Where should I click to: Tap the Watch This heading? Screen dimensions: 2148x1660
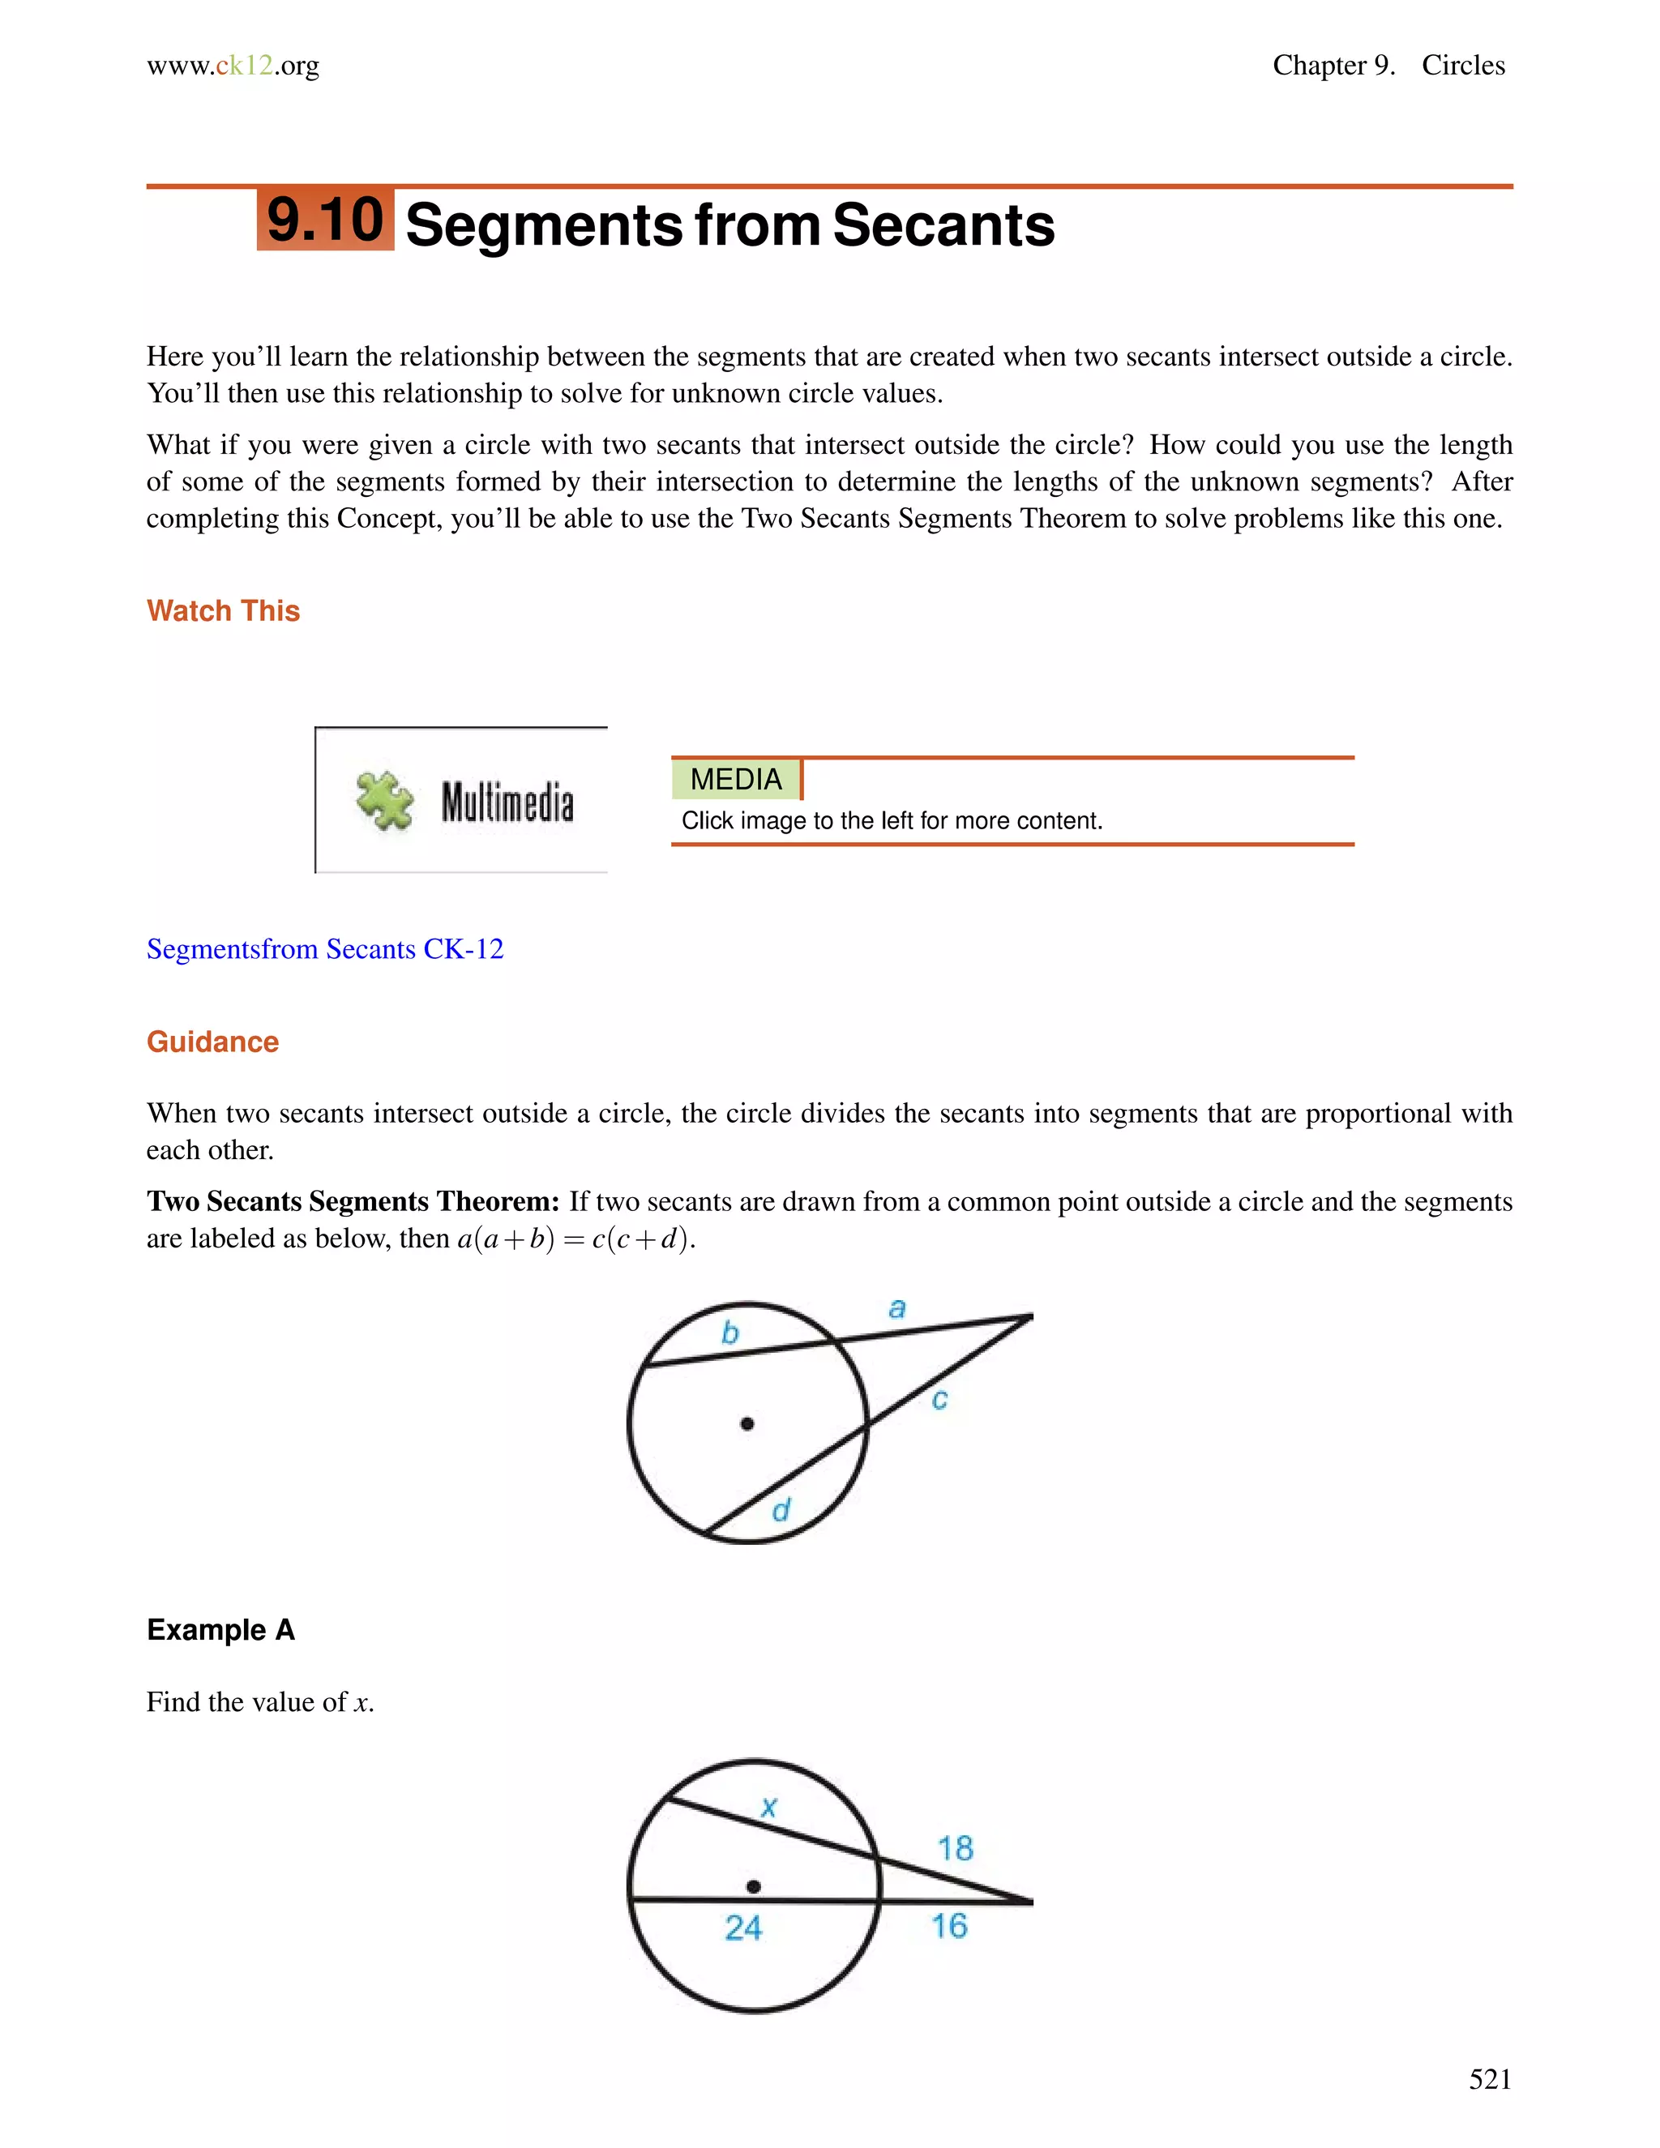coord(223,611)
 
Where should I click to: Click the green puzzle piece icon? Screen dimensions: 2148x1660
coord(384,801)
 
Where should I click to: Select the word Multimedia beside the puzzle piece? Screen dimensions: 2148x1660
coord(507,802)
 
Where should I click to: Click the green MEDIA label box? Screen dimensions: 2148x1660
coord(736,779)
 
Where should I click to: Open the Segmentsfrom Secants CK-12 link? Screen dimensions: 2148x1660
coord(324,949)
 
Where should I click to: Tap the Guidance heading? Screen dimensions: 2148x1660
coord(212,1042)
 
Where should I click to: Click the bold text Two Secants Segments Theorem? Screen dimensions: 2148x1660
coord(352,1201)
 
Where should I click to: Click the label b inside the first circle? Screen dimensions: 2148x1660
coord(729,1333)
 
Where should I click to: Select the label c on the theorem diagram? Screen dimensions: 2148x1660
coord(939,1400)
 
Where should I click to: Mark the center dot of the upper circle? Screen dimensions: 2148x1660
coord(747,1423)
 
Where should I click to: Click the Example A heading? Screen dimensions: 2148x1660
coord(220,1630)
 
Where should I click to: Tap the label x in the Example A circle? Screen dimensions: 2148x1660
coord(769,1807)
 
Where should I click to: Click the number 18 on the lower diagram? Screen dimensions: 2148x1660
coord(955,1848)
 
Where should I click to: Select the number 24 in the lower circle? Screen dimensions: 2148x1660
coord(743,1928)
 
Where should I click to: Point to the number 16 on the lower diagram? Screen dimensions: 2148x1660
coord(949,1926)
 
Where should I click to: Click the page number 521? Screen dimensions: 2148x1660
coord(1489,2079)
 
